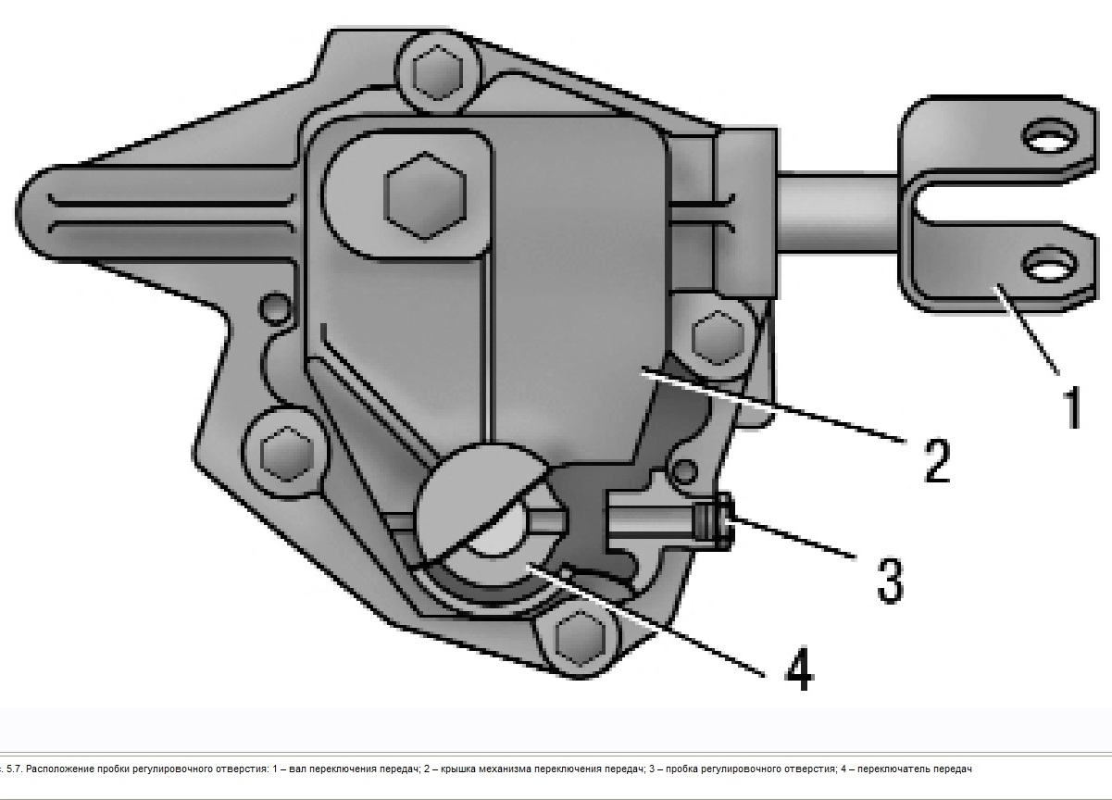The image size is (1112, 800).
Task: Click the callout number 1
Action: pyautogui.click(x=1070, y=408)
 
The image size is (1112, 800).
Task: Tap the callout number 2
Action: pyautogui.click(x=936, y=460)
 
